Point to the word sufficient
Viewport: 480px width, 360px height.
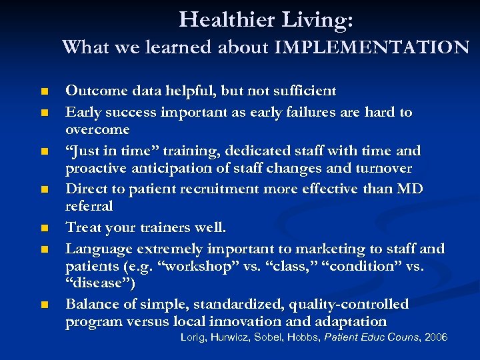point(303,91)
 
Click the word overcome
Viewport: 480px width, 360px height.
point(97,129)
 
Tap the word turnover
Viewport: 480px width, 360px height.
point(384,168)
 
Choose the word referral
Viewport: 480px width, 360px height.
point(89,207)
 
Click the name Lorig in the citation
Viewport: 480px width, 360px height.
point(195,338)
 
